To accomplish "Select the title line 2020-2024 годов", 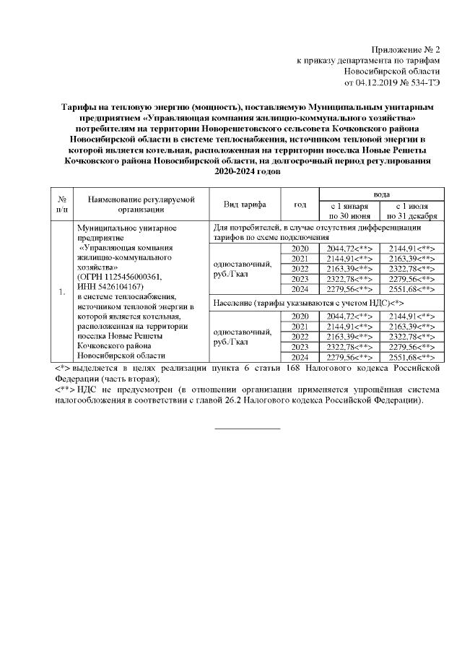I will [x=247, y=173].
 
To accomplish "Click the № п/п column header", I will [x=62, y=203].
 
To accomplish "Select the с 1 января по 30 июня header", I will [x=350, y=210].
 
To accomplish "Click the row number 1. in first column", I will [x=62, y=292].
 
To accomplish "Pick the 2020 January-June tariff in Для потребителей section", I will [x=350, y=249].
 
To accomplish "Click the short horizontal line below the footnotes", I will [x=248, y=429].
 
